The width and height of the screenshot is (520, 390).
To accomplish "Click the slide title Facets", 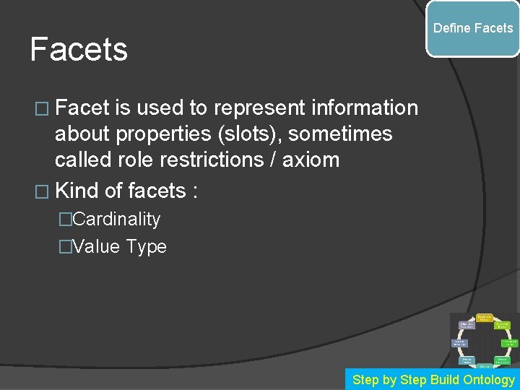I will point(79,50).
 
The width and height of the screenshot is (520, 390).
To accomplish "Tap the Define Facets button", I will point(473,28).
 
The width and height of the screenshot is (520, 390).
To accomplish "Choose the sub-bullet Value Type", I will point(119,246).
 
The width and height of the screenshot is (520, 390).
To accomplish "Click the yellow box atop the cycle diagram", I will point(485,317).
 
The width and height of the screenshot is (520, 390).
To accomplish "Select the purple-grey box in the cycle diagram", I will point(467,326).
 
